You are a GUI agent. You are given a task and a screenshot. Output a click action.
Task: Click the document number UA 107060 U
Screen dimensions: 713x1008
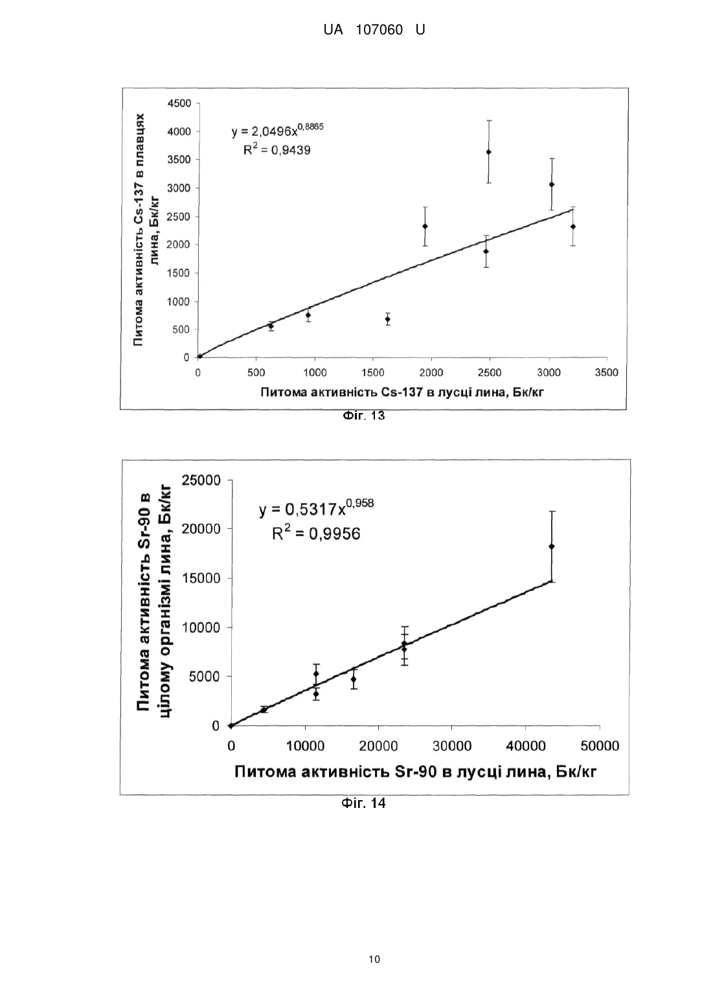coord(374,30)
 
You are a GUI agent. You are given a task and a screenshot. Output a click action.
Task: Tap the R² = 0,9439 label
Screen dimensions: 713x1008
coord(277,150)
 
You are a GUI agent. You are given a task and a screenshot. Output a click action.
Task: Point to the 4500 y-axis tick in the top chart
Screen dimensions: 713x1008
coord(179,104)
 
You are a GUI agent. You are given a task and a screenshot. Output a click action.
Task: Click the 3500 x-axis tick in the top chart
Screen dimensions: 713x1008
coord(606,373)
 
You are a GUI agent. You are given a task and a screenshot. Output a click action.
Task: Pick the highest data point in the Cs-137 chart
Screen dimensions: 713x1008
coord(488,152)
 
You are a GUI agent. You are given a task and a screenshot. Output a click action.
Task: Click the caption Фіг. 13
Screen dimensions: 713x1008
coord(364,416)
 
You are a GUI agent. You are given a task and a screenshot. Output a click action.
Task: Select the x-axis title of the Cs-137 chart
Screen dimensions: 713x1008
coord(402,392)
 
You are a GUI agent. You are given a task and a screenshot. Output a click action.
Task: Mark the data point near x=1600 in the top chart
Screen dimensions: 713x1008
coord(387,319)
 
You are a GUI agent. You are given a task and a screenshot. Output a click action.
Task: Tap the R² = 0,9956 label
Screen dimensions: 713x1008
coord(316,533)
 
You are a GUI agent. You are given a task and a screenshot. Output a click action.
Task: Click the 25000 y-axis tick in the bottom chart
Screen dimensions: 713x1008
coord(201,480)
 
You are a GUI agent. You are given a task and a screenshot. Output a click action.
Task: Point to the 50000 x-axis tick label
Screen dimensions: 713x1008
coord(600,746)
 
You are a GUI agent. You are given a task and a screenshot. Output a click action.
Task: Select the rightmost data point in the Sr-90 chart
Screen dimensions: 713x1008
coord(551,546)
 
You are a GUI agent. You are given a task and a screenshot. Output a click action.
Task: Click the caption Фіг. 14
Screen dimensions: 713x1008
coord(364,803)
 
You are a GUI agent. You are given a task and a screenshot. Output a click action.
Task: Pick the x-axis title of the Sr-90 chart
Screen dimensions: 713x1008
coord(416,772)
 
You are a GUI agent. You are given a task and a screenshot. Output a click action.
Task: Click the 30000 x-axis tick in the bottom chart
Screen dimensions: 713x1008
coord(452,746)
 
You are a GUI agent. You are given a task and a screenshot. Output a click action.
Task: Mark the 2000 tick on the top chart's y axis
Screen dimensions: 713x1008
coord(179,245)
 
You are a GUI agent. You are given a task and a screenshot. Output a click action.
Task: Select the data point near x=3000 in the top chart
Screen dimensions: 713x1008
coord(551,185)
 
